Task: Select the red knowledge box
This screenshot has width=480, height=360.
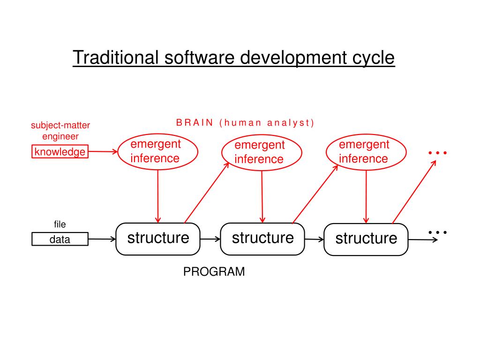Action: pos(60,152)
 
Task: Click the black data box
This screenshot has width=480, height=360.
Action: pos(60,240)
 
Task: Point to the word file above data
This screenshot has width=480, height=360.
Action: pos(60,225)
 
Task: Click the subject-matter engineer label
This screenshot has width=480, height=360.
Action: pos(60,131)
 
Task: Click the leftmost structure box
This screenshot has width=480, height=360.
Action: pos(158,239)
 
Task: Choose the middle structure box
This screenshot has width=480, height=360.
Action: pos(262,239)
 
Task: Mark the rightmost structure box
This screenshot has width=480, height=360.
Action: pos(366,239)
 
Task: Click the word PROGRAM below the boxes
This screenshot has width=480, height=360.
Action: pos(214,272)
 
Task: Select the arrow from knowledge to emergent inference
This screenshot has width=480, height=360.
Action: pos(102,151)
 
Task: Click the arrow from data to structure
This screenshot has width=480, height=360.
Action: pos(102,239)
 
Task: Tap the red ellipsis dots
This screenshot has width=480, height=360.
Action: pos(437,153)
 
